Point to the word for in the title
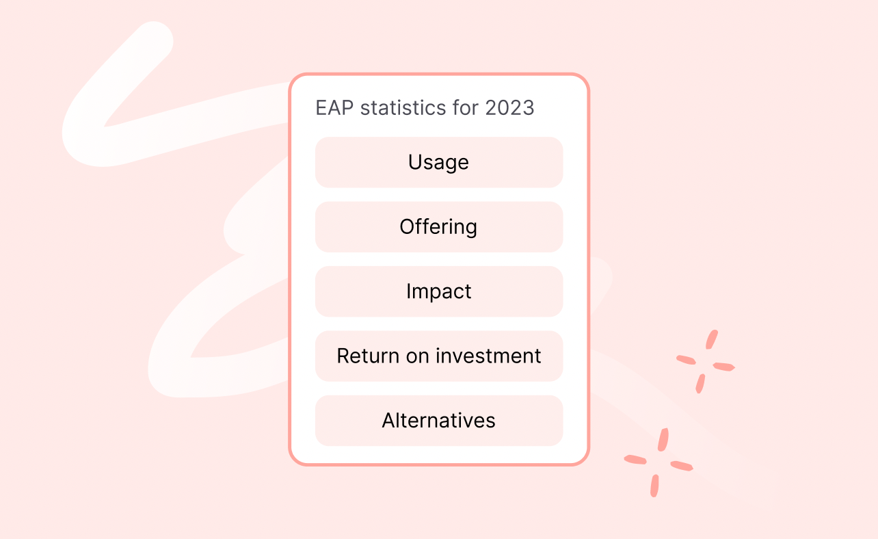pyautogui.click(x=464, y=108)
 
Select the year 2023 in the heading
pyautogui.click(x=509, y=108)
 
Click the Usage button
pyautogui.click(x=438, y=162)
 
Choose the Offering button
pyautogui.click(x=438, y=227)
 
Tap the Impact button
pyautogui.click(x=438, y=291)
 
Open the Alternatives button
pyautogui.click(x=438, y=421)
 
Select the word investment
pyautogui.click(x=488, y=356)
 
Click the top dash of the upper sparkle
pyautogui.click(x=711, y=339)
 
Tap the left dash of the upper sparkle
pyautogui.click(x=686, y=360)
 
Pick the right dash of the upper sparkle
pyautogui.click(x=723, y=367)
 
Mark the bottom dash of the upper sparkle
pyautogui.click(x=700, y=384)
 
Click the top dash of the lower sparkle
pyautogui.click(x=663, y=439)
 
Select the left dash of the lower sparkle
pyautogui.click(x=635, y=460)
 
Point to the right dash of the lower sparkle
pyautogui.click(x=682, y=466)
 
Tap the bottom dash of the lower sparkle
pyautogui.click(x=654, y=485)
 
